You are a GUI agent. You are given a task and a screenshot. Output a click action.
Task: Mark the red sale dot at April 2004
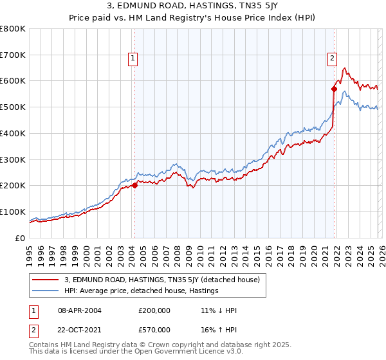coord(134,185)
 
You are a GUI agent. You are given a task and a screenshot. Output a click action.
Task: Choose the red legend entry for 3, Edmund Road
coord(161,280)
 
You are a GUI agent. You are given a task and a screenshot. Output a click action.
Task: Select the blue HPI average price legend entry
coord(142,291)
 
